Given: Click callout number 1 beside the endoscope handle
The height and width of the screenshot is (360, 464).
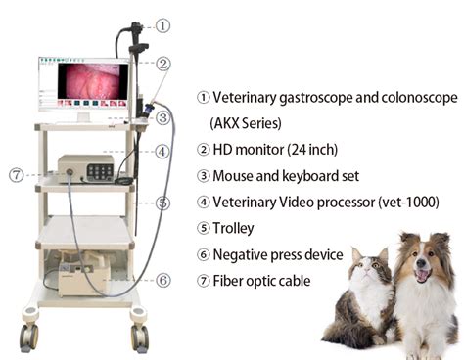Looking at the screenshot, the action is [x=162, y=25].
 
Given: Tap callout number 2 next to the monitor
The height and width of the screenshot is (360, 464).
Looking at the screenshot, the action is [x=162, y=64].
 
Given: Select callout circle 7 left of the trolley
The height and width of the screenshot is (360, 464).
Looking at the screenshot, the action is [x=17, y=175].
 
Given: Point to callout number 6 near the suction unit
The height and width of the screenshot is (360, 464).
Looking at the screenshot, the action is [x=162, y=280].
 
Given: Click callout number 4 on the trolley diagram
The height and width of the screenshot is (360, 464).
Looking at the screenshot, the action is [x=162, y=152].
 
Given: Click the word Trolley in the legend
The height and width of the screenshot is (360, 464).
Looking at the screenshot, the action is [x=233, y=228].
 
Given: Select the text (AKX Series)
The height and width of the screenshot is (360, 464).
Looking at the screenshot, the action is [x=246, y=123].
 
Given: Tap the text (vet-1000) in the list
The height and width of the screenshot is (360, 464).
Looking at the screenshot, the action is [x=408, y=202].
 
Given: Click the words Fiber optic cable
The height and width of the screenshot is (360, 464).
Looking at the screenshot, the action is [x=261, y=281].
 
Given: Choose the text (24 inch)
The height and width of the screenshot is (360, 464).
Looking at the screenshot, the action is [x=312, y=150].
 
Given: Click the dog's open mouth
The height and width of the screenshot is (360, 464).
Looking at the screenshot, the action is [x=423, y=276].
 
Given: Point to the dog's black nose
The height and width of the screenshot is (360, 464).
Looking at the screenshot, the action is [x=422, y=262].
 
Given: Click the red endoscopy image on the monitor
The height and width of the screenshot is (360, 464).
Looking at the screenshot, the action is [x=93, y=81].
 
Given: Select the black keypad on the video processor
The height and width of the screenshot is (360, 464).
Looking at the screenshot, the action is [x=100, y=171].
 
